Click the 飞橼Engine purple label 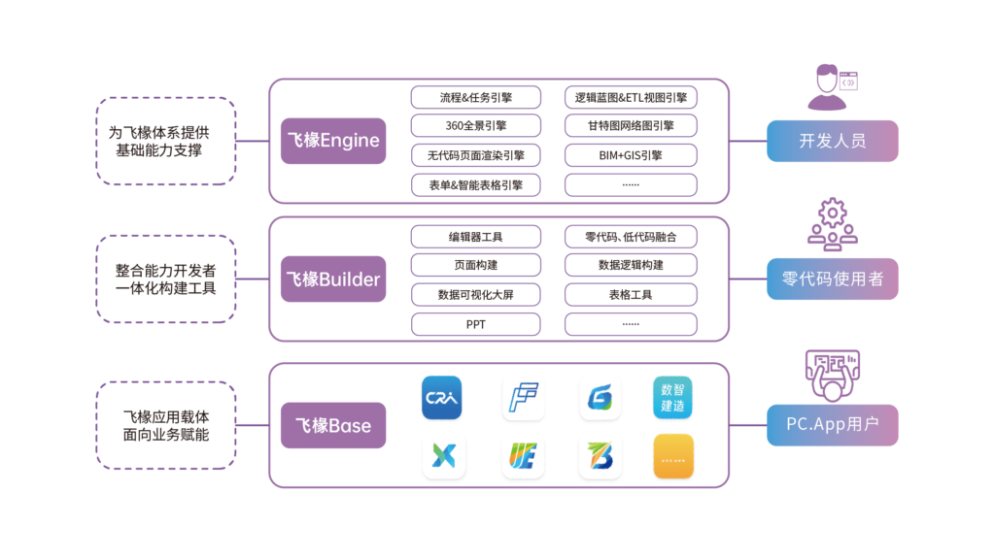click(333, 141)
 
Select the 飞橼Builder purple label click(333, 279)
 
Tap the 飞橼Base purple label click(333, 425)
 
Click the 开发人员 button click(832, 141)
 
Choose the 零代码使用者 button click(832, 279)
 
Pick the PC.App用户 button click(832, 425)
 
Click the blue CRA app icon click(443, 398)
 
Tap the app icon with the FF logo click(523, 398)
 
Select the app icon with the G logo click(600, 398)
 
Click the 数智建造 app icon click(672, 398)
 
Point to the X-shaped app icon click(443, 456)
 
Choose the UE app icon click(523, 456)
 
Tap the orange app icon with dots click(672, 456)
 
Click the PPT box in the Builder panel click(475, 324)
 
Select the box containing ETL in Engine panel click(631, 97)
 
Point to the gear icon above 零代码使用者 click(832, 224)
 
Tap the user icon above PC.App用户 click(832, 374)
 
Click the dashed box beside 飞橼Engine click(166, 141)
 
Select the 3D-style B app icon click(600, 456)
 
